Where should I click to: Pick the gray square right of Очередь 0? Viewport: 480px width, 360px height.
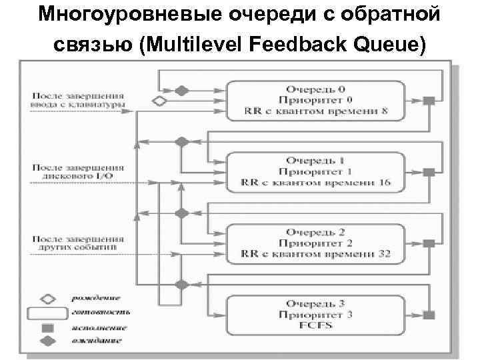point(430,101)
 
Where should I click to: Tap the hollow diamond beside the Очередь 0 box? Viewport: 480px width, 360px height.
point(159,101)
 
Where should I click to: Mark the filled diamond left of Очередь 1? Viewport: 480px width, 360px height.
point(180,141)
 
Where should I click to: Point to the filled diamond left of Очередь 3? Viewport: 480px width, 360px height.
point(180,284)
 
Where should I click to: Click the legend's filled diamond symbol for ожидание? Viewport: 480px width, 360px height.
point(47,341)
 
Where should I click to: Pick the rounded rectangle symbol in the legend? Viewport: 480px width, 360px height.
point(47,312)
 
